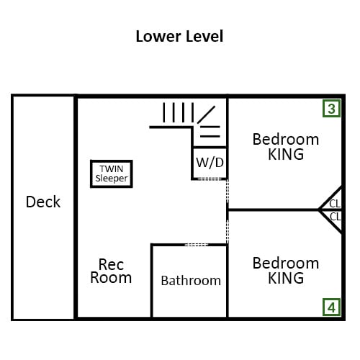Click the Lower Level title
pos(179,37)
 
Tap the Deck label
pos(43,202)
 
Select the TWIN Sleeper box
pos(112,174)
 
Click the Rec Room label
pos(111,271)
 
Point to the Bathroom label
pos(191,281)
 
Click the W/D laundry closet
pos(210,163)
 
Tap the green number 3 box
pos(331,109)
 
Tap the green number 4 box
pos(331,307)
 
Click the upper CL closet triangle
pos(333,201)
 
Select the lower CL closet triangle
pos(333,219)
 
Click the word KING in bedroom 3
pos(286,154)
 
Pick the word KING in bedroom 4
pos(286,278)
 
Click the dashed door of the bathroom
pos(197,245)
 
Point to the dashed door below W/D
pos(210,179)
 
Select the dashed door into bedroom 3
pos(228,191)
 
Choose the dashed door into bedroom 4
pos(228,232)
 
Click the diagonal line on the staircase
pos(206,114)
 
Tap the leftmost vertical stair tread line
pos(164,112)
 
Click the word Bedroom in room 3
pos(286,139)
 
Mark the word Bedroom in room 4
pos(286,263)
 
